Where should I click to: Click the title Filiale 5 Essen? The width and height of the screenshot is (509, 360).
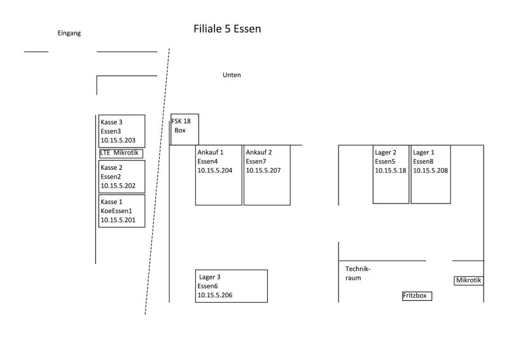click(x=227, y=29)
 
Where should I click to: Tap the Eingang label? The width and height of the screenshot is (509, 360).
click(x=69, y=33)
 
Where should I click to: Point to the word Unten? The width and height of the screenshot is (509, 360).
click(x=232, y=75)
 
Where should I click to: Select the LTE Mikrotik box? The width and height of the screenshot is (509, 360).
click(x=121, y=153)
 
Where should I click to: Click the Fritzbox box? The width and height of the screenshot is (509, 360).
click(x=417, y=296)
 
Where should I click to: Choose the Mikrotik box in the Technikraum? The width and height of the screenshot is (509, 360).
click(x=469, y=280)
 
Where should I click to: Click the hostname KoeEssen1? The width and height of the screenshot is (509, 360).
click(x=116, y=210)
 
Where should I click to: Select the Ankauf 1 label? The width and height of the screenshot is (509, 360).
click(x=211, y=152)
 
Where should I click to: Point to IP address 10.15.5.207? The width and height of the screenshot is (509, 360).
click(x=263, y=170)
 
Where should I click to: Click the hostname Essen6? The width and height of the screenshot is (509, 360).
click(x=207, y=286)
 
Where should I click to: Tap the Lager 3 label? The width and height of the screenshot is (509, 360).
click(x=210, y=277)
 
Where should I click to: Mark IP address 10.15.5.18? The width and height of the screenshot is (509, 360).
click(x=390, y=170)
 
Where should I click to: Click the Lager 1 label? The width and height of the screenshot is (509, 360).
click(x=424, y=152)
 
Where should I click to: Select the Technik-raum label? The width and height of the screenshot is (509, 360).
click(x=353, y=273)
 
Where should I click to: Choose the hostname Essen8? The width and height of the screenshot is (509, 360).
click(x=424, y=162)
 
